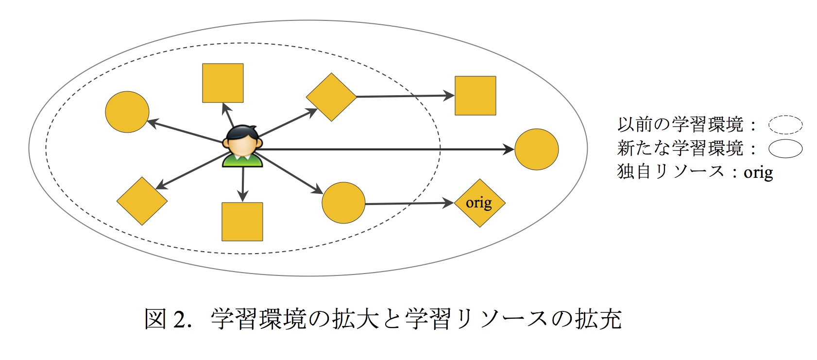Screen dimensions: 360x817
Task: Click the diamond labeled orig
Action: (x=479, y=203)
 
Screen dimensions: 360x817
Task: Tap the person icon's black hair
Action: (x=242, y=132)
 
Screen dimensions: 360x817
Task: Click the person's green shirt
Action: (x=242, y=161)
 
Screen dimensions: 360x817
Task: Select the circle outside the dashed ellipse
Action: (x=536, y=149)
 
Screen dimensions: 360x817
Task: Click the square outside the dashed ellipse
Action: (x=475, y=96)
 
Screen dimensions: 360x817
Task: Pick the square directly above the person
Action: (x=222, y=83)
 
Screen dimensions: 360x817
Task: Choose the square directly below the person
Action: (x=242, y=222)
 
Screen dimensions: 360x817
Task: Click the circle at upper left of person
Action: (x=127, y=112)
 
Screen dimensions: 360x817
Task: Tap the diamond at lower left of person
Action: (x=142, y=201)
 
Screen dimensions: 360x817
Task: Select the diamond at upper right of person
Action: (x=331, y=97)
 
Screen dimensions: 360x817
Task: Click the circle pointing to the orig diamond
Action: (x=343, y=203)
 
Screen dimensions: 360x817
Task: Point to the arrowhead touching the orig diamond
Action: (x=448, y=203)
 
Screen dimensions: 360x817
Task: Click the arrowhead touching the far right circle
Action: (x=509, y=149)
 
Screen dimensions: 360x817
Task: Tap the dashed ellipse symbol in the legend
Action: (x=785, y=125)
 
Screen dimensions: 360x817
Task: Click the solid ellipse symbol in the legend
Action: (x=785, y=149)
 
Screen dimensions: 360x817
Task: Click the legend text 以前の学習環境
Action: (x=680, y=125)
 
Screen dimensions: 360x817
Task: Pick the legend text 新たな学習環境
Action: (x=680, y=148)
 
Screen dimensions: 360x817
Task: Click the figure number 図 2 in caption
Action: (x=165, y=320)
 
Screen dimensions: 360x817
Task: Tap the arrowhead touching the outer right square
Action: (x=449, y=96)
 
